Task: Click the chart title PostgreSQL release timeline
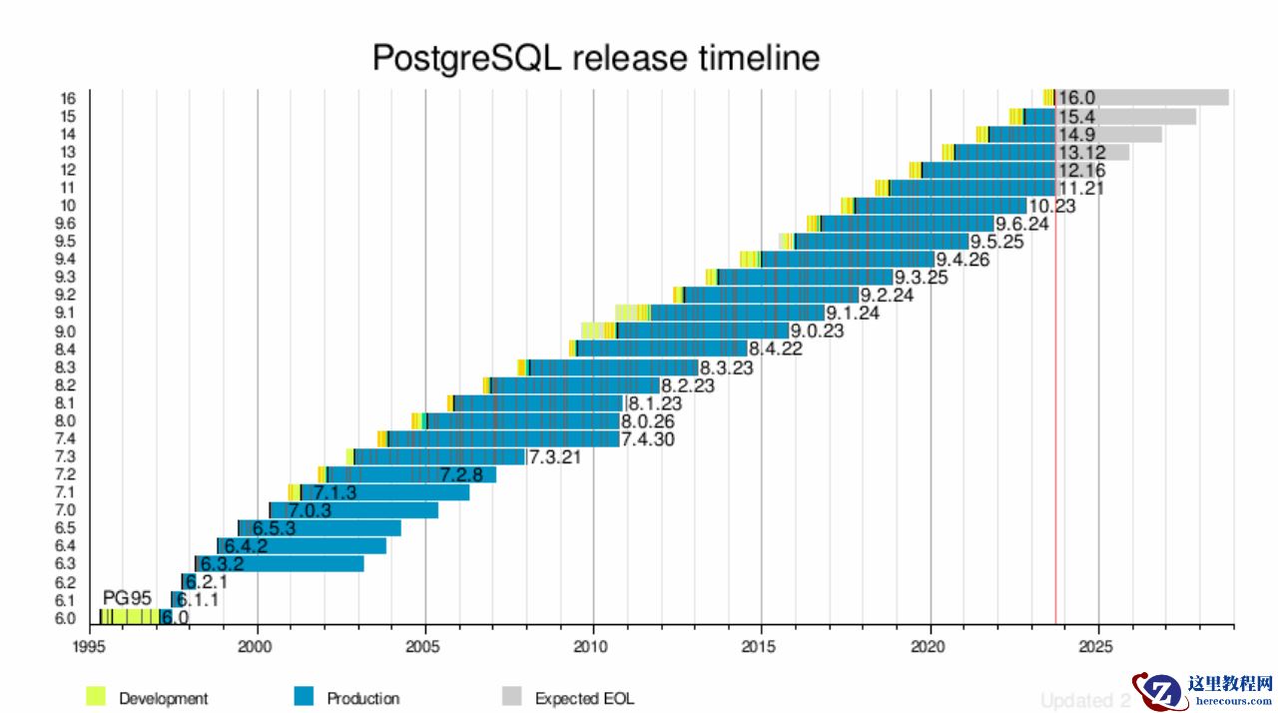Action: click(x=595, y=57)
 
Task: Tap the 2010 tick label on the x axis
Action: click(x=593, y=645)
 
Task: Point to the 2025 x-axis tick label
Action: click(x=1098, y=645)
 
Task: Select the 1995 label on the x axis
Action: click(x=90, y=645)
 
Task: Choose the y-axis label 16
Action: click(x=68, y=98)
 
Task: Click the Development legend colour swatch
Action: click(x=96, y=697)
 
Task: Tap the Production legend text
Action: click(x=362, y=698)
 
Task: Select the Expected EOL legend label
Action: click(x=584, y=698)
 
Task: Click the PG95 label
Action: click(x=127, y=597)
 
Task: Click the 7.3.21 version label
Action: click(x=554, y=457)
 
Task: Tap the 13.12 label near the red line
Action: click(x=1081, y=152)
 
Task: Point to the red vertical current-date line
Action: click(x=1055, y=399)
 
